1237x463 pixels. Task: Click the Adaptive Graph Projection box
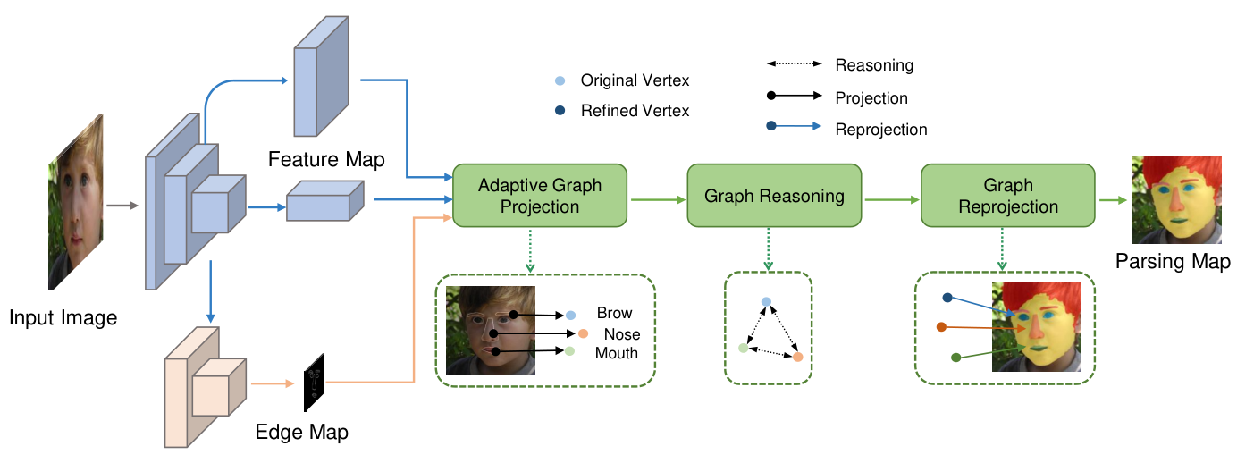540,196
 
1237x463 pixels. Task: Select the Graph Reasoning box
774,196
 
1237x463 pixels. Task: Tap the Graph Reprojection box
1008,196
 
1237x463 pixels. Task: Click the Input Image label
63,318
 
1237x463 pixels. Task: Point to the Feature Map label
326,160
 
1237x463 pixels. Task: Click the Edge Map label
301,432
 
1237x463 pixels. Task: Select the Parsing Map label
1173,261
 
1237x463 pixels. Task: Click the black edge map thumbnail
315,383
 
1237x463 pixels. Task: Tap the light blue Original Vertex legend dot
560,80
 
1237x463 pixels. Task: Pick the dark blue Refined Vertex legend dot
560,111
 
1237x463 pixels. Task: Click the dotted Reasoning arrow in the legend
794,63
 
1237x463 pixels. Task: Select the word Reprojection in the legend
881,130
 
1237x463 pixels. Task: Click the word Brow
614,313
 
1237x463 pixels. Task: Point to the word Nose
622,334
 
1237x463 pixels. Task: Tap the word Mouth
617,353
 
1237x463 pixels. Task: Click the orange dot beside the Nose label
583,333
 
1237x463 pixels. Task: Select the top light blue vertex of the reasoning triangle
766,302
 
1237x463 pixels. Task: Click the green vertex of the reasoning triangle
744,348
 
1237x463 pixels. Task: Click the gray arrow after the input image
122,206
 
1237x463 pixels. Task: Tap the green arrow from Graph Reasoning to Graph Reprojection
892,200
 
